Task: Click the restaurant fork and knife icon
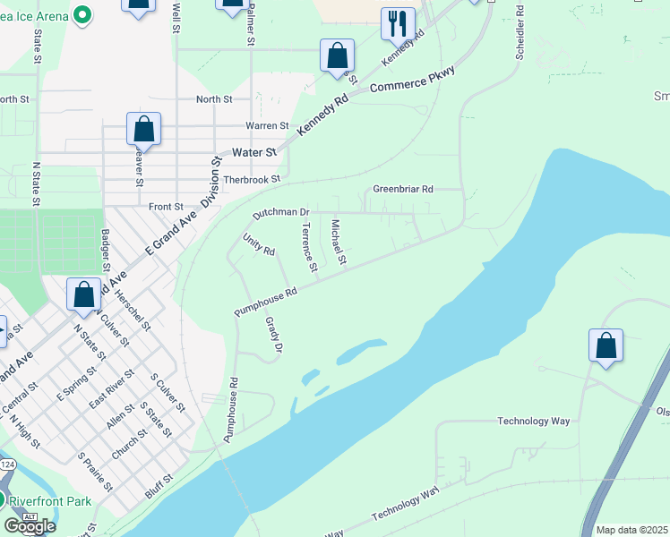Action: click(398, 23)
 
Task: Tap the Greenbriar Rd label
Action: click(403, 190)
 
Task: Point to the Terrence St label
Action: click(309, 247)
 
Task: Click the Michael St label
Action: click(339, 243)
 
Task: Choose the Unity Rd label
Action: click(259, 244)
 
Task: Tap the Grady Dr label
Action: click(275, 334)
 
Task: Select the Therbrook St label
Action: click(252, 179)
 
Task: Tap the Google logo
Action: click(30, 525)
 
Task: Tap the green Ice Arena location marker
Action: click(82, 14)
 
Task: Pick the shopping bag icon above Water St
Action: click(143, 129)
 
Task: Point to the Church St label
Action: click(129, 439)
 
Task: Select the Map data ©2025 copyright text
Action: click(632, 530)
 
